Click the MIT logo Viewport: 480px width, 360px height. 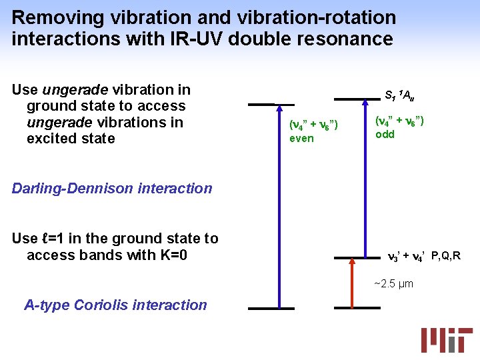[x=446, y=341]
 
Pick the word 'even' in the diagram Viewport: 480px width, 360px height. [x=301, y=139]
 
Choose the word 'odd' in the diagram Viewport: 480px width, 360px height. [x=385, y=135]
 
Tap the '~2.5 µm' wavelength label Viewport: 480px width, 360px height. [x=393, y=284]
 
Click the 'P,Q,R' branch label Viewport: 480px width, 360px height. [x=446, y=256]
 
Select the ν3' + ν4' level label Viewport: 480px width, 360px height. [x=407, y=256]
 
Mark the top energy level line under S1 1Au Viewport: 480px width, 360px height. [x=357, y=99]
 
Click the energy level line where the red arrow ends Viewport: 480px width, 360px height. [x=357, y=257]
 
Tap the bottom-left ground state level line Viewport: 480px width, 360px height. [x=271, y=309]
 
